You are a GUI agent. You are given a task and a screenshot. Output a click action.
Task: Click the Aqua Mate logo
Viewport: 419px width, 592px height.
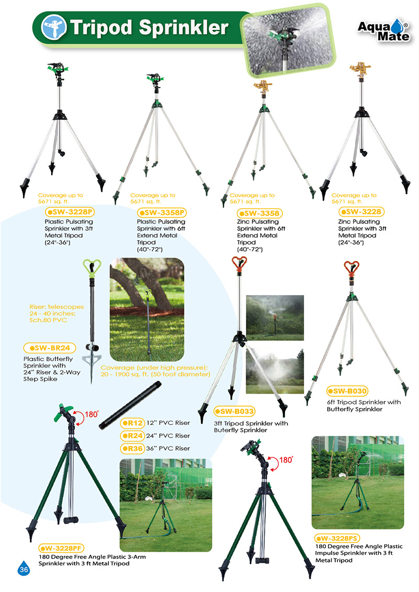[383, 30]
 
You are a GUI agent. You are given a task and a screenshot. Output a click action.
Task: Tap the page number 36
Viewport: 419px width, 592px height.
[24, 569]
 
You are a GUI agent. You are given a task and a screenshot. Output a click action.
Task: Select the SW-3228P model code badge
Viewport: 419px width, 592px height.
[70, 212]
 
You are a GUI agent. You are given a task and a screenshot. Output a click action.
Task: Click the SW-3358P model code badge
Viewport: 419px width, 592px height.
[162, 213]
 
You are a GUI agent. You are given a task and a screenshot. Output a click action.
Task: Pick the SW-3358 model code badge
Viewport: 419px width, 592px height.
[260, 214]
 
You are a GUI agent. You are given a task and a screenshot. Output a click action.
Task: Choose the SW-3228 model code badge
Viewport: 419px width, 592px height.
[361, 212]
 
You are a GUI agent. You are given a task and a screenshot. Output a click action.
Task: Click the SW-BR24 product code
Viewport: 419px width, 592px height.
[49, 348]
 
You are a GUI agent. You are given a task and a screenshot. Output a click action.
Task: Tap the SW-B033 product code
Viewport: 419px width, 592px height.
[235, 411]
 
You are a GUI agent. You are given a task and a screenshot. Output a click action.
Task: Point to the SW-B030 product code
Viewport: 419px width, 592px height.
[347, 391]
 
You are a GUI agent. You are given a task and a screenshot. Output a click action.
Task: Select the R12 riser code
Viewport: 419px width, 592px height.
[132, 423]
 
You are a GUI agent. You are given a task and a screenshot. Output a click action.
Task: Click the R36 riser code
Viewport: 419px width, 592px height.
[132, 449]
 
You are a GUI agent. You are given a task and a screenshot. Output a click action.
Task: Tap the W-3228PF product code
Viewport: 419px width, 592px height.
[61, 548]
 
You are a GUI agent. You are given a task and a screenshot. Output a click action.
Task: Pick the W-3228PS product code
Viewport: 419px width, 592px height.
[337, 539]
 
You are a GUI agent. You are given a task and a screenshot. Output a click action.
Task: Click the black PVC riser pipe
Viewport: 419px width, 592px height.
[130, 406]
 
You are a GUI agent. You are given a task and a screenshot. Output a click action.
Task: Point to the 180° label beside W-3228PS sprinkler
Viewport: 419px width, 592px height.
[286, 460]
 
